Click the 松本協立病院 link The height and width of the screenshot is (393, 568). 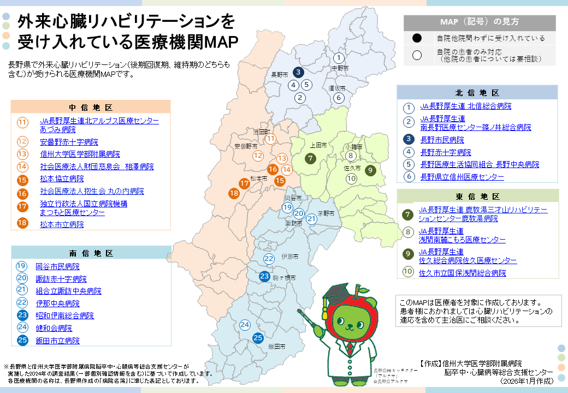click(x=62, y=179)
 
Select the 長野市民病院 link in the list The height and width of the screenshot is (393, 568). click(x=442, y=140)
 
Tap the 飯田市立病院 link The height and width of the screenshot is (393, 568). click(x=57, y=341)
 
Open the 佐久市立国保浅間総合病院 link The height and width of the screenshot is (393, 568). click(x=462, y=273)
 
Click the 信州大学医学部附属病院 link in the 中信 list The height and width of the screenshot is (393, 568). click(x=80, y=154)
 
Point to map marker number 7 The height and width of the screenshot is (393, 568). click(x=310, y=159)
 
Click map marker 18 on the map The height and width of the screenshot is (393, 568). click(x=234, y=193)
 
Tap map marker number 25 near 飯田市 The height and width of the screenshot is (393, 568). click(x=258, y=338)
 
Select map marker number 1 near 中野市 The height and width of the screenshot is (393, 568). click(x=339, y=58)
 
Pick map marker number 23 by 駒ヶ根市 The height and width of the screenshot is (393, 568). click(x=264, y=277)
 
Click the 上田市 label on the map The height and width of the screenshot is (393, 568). click(x=318, y=146)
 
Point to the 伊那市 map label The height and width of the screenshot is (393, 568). click(x=289, y=257)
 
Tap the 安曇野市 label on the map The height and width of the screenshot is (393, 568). click(x=245, y=146)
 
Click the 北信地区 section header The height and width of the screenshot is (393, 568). click(x=477, y=93)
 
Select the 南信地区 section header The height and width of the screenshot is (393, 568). click(x=91, y=253)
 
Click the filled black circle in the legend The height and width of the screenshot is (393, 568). click(x=417, y=38)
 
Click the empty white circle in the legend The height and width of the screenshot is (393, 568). click(x=417, y=55)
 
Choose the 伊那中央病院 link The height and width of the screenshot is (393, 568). click(x=57, y=303)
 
